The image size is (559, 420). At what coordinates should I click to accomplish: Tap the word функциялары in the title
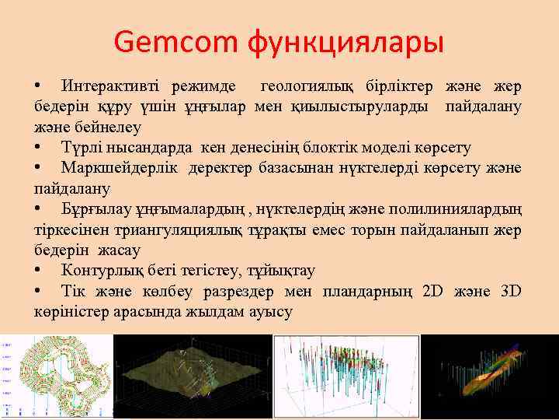click(345, 42)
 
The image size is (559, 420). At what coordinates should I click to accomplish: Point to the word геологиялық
click(309, 85)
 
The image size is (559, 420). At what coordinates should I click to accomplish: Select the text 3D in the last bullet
click(511, 291)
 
